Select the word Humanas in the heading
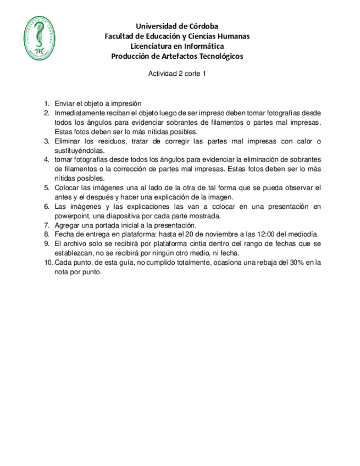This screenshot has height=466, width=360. (x=231, y=36)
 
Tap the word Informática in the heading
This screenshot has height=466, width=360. (x=203, y=46)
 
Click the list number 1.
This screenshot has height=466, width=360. (x=47, y=103)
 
